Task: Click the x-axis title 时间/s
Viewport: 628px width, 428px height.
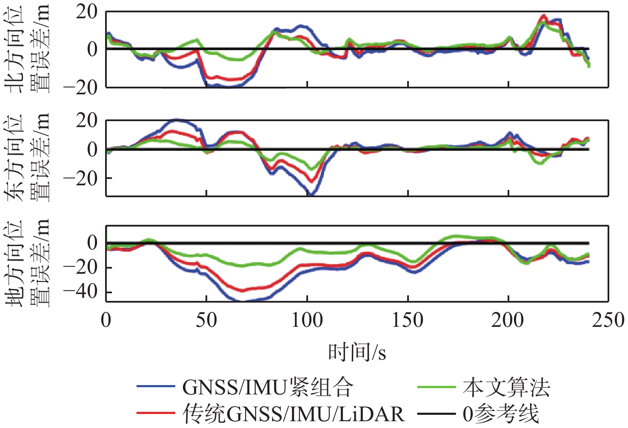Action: tap(357, 352)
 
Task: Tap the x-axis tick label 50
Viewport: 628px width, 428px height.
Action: tap(206, 320)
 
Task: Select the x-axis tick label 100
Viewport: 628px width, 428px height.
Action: tap(307, 320)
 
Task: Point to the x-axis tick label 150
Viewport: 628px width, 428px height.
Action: tap(407, 320)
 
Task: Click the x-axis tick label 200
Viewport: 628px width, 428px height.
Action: tap(508, 320)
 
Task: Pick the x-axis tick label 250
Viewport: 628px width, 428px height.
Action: tap(608, 320)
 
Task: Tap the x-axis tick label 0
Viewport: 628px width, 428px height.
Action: tap(106, 320)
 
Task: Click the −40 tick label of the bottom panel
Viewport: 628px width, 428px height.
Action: tap(80, 292)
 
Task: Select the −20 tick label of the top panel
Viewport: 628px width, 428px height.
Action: tap(80, 88)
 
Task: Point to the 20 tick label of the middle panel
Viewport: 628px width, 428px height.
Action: tap(86, 121)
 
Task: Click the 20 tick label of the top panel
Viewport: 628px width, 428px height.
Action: tap(86, 12)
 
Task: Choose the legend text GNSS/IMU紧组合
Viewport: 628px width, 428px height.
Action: tap(268, 387)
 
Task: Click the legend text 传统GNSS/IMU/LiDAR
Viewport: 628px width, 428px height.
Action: tap(293, 413)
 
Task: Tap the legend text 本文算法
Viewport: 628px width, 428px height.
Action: tap(506, 387)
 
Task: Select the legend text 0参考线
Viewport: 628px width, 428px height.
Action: tap(501, 413)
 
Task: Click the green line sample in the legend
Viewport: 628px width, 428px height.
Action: tap(436, 387)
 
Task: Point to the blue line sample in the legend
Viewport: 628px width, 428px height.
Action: tap(156, 387)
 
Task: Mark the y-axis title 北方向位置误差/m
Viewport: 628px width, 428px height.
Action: tap(27, 49)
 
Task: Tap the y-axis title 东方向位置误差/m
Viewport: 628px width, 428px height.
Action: tap(27, 157)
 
